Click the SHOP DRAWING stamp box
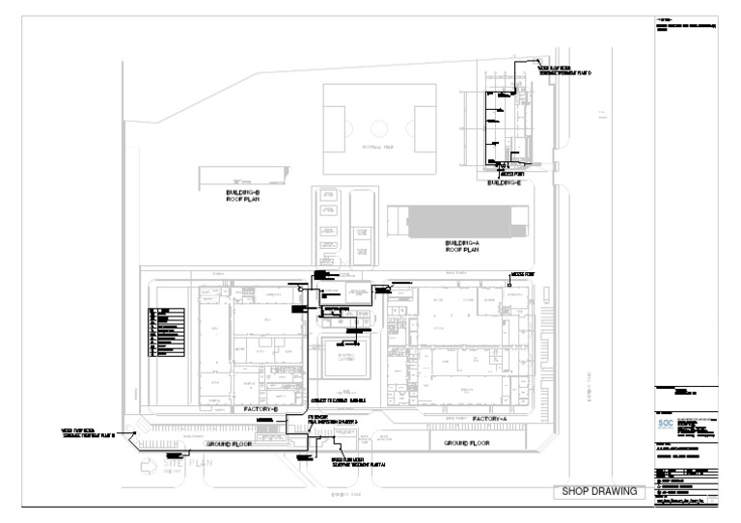tap(599, 492)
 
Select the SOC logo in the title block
tap(665, 424)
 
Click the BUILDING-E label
tap(503, 182)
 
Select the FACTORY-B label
tap(261, 409)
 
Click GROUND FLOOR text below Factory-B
tap(229, 444)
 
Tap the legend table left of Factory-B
tap(164, 332)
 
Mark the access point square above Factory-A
tap(508, 284)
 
